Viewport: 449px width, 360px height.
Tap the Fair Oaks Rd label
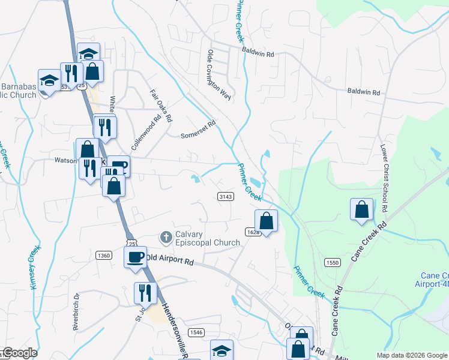161,104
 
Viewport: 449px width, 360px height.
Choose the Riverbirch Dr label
77,310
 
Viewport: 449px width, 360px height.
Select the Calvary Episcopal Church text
207,239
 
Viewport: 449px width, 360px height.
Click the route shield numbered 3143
226,196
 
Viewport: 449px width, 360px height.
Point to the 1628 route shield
252,231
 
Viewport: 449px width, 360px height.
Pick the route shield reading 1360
103,256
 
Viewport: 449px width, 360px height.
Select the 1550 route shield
333,263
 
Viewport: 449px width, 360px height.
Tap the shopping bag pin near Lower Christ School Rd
362,210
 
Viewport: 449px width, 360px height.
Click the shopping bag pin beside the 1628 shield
267,221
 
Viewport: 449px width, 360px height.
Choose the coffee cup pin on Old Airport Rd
135,256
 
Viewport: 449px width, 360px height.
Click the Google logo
19,353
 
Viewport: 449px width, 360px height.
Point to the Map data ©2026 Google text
411,355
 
